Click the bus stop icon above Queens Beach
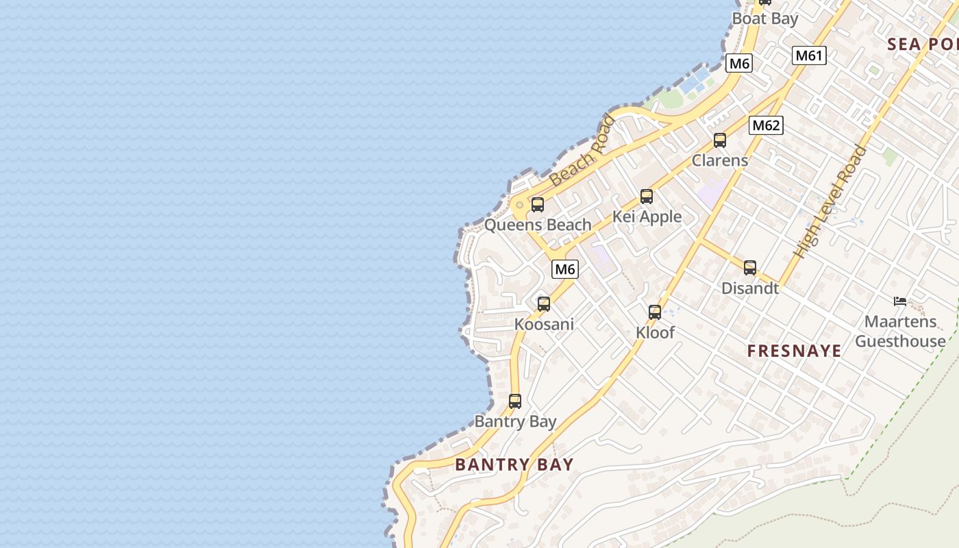point(538,204)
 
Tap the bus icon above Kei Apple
point(647,197)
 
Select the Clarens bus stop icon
point(720,140)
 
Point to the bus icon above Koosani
point(544,303)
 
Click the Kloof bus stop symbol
point(655,312)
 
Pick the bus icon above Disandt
point(750,268)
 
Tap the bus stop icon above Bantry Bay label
point(515,401)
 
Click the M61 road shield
point(809,55)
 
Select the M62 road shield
point(766,125)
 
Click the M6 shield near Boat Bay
point(739,64)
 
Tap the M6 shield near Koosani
point(565,269)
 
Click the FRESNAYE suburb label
point(794,351)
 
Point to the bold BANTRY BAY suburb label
point(514,464)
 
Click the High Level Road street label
point(830,203)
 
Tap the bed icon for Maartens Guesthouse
point(900,301)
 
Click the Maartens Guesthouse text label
point(899,331)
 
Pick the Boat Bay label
point(765,18)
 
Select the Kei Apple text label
point(647,216)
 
